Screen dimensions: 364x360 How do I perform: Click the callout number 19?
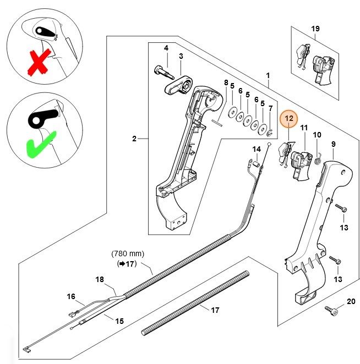[315, 28]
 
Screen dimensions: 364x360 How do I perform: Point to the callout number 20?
[351, 302]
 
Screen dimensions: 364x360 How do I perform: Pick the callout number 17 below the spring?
[215, 310]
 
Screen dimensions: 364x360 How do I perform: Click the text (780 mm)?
[127, 253]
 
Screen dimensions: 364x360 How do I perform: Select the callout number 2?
[134, 139]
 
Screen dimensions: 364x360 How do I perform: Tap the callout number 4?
[166, 49]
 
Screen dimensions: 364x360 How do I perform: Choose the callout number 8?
[226, 82]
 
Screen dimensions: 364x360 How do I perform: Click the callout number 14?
[257, 149]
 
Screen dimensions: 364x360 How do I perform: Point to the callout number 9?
[333, 144]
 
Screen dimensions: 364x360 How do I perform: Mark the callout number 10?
[317, 135]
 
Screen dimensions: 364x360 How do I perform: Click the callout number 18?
[99, 279]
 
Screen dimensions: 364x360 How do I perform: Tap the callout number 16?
[71, 296]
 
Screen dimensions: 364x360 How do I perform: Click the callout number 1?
[268, 74]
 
